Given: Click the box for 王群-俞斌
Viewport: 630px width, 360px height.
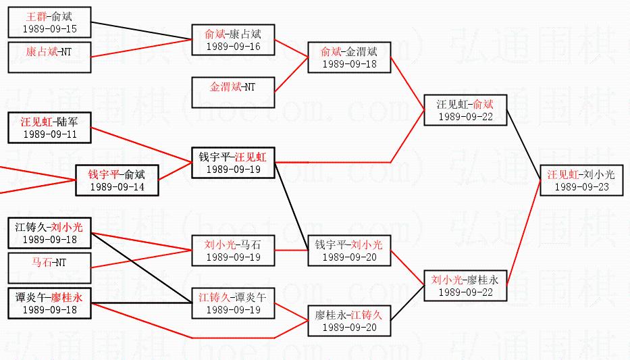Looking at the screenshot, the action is (x=50, y=22).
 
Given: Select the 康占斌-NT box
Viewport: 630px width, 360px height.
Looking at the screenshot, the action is (x=50, y=57).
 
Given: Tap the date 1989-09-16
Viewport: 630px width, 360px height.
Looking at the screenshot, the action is (x=233, y=47).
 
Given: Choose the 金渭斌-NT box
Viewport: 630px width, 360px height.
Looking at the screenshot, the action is (x=233, y=93).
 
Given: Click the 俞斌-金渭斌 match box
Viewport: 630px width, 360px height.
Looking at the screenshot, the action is (x=349, y=57).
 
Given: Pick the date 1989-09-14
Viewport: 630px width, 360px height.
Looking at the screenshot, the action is (x=117, y=186).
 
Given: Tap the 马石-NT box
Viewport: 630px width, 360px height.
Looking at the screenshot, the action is (x=50, y=267).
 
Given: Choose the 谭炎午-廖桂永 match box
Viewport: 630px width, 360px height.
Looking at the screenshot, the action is (x=50, y=303).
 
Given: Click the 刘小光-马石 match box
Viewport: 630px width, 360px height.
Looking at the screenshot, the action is (x=233, y=251).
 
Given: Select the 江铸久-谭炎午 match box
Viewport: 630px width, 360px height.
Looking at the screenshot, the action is (x=233, y=303).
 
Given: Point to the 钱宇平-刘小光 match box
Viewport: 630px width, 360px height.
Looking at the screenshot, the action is (x=349, y=251).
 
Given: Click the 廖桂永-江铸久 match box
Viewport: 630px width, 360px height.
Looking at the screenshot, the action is (x=349, y=320).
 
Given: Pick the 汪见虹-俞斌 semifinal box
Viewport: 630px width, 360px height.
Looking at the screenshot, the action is (x=465, y=110).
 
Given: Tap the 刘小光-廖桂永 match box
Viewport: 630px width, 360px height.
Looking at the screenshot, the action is (x=465, y=285).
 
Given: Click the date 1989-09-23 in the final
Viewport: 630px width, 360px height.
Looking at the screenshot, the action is (x=581, y=186).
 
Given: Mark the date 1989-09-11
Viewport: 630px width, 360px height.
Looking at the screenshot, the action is (x=50, y=134).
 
